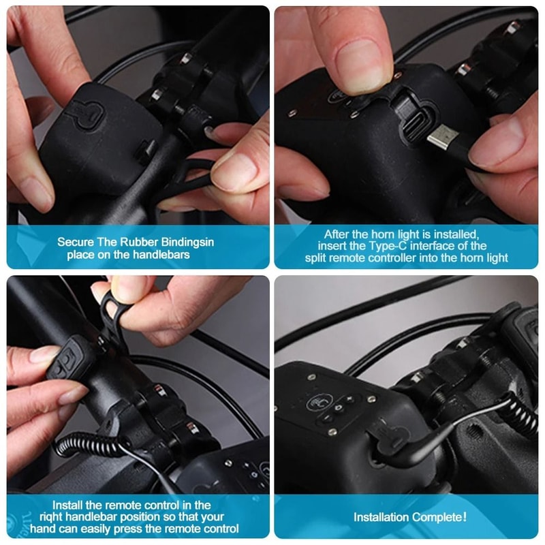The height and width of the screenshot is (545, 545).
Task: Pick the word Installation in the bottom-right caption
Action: tap(382, 517)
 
